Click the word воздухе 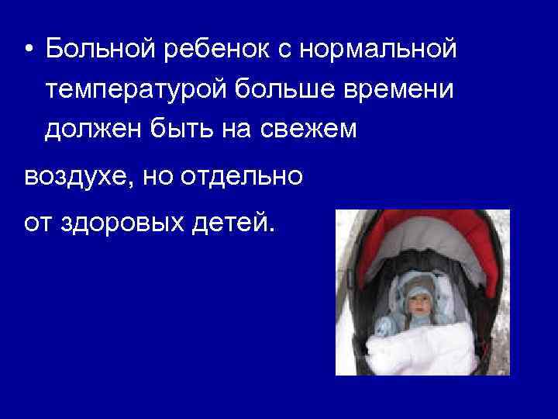pyautogui.click(x=72, y=176)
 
